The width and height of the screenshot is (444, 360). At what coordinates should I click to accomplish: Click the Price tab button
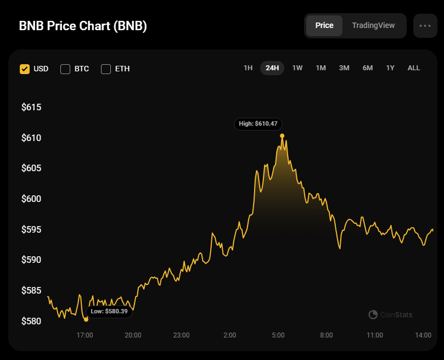[324, 25]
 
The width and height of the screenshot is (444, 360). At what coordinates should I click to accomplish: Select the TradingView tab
[373, 25]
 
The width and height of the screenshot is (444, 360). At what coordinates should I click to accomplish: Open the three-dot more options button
[425, 26]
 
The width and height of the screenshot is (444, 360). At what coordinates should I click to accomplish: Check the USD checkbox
[25, 69]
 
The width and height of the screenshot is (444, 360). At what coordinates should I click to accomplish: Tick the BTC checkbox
[65, 69]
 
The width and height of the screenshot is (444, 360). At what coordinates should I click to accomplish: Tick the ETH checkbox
[106, 69]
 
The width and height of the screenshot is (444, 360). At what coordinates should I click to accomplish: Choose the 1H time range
[248, 68]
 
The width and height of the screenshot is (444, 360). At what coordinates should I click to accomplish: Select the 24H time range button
[272, 68]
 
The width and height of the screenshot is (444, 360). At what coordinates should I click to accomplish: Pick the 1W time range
[297, 68]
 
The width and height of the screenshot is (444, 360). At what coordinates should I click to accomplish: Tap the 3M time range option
[344, 68]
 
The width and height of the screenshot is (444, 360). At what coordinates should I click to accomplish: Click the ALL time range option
[414, 68]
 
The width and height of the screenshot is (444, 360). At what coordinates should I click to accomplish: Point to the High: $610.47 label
[258, 124]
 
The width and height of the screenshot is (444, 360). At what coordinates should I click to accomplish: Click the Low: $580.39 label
[109, 312]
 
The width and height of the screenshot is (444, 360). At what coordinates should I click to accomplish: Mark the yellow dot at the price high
[282, 136]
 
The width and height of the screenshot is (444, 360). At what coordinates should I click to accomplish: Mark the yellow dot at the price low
[86, 319]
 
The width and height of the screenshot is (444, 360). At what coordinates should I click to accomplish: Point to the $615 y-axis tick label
[31, 108]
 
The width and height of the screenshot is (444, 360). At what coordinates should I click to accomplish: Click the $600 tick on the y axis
[31, 199]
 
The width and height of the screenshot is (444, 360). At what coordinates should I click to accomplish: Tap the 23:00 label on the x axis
[181, 335]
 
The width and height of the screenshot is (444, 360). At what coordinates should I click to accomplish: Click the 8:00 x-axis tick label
[326, 335]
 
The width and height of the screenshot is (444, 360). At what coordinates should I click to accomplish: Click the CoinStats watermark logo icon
[373, 314]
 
